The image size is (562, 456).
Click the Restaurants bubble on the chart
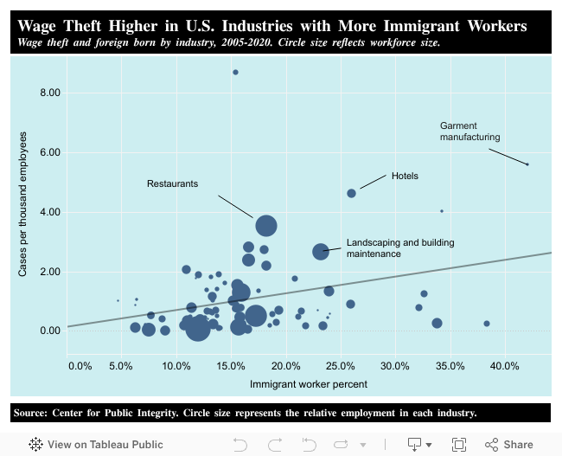point(266,226)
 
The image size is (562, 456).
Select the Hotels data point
point(351,193)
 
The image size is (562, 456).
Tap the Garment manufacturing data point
point(527,164)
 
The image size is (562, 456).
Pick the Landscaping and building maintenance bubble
point(321,251)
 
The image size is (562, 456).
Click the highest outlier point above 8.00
point(235,72)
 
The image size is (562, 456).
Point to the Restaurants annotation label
point(172,183)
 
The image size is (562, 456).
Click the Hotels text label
point(405,176)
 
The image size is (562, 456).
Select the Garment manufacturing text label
point(469,132)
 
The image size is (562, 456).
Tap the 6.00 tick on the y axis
point(50,152)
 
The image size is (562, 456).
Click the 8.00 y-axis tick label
point(50,93)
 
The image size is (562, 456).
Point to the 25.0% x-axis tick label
point(341,366)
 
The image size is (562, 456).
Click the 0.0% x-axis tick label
point(80,366)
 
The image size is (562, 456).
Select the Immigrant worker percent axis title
point(309,383)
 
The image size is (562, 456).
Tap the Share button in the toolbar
point(509,444)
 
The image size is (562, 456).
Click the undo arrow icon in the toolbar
point(240,444)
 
